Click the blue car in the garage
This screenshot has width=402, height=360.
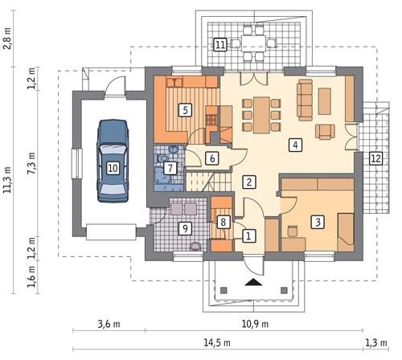113,161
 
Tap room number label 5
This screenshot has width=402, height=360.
186,110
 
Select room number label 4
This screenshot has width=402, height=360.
295,145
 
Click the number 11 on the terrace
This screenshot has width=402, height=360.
220,45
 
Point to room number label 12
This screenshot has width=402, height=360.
375,158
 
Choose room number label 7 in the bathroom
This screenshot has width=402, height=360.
170,168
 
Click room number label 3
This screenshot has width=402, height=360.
318,222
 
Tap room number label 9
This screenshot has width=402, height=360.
185,228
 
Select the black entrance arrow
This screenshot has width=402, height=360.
253,282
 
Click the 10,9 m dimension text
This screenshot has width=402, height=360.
255,325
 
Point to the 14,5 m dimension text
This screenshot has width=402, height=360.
217,342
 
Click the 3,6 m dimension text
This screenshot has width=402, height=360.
109,325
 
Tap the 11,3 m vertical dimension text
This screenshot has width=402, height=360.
7,180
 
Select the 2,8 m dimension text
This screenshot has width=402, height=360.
7,39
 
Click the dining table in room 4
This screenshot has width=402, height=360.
261,115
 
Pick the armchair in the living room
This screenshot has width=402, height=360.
325,132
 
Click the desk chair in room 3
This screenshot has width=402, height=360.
293,231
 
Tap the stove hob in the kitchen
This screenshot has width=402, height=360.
211,120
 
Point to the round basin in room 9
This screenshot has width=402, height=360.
195,247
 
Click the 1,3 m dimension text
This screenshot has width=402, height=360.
376,342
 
